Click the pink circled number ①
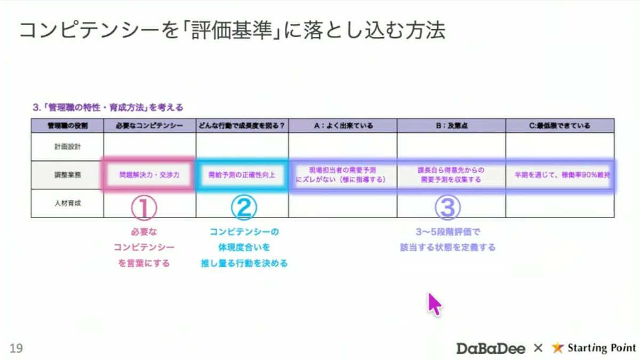coord(143,208)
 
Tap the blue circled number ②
coord(244,208)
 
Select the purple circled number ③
coord(447,208)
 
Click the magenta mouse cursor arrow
coord(435,303)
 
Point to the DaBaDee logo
coord(491,348)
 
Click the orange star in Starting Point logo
coord(557,348)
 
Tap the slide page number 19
coord(16,348)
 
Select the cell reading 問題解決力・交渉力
coord(149,175)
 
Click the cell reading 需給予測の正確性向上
coord(242,175)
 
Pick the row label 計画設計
coord(67,146)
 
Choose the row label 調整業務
coord(67,175)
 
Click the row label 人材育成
coord(67,203)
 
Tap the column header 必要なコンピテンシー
coord(149,126)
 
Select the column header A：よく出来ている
coord(342,126)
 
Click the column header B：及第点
coord(451,126)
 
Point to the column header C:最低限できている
coord(559,126)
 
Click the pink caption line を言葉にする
coord(144,263)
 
